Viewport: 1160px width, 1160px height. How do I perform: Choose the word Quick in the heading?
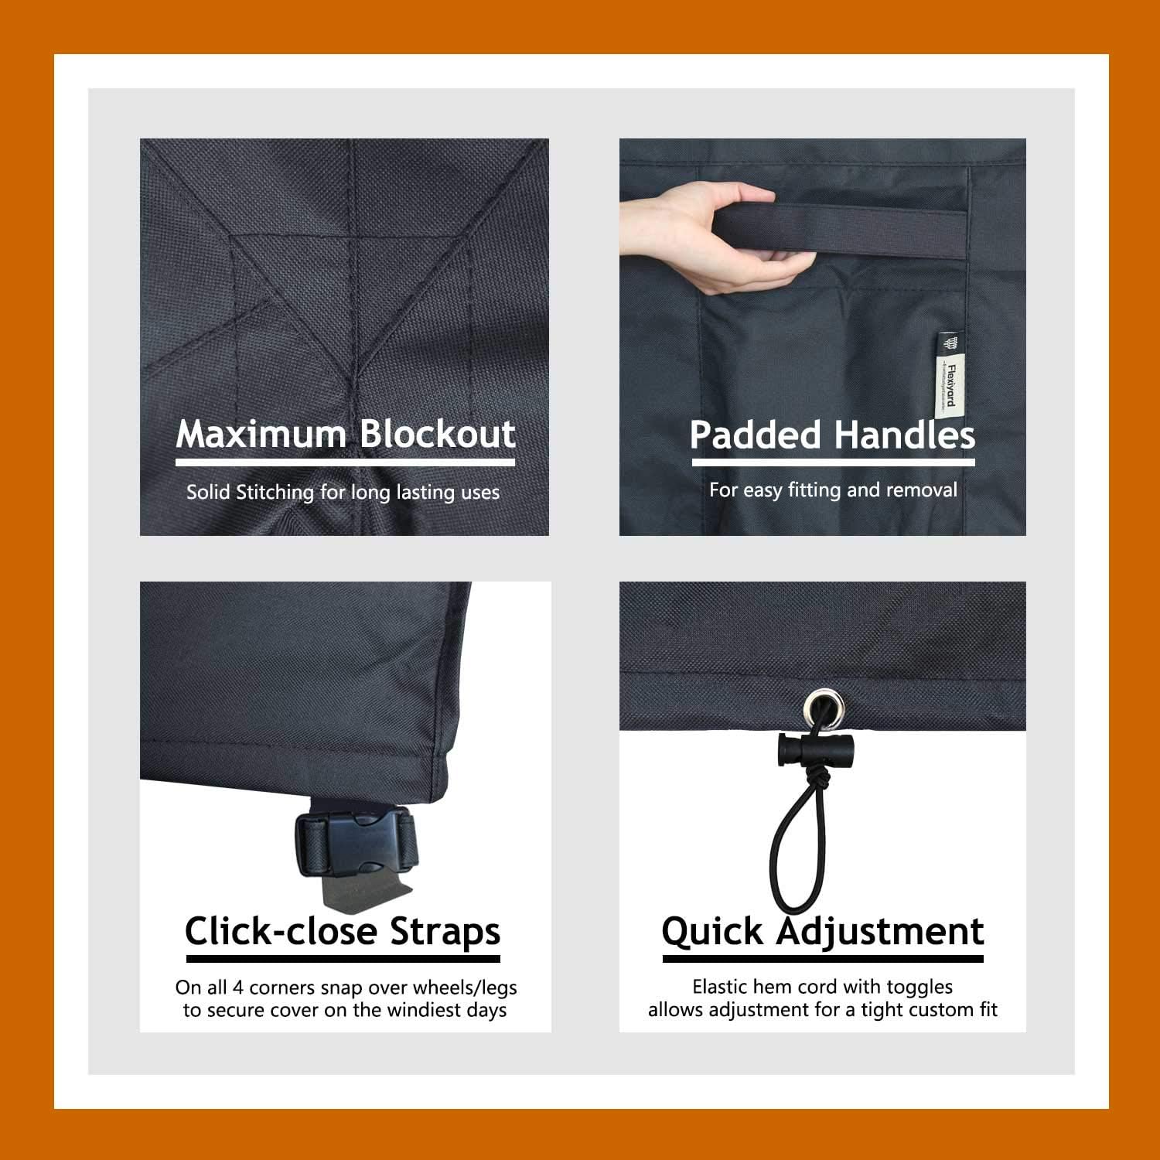point(712,931)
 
